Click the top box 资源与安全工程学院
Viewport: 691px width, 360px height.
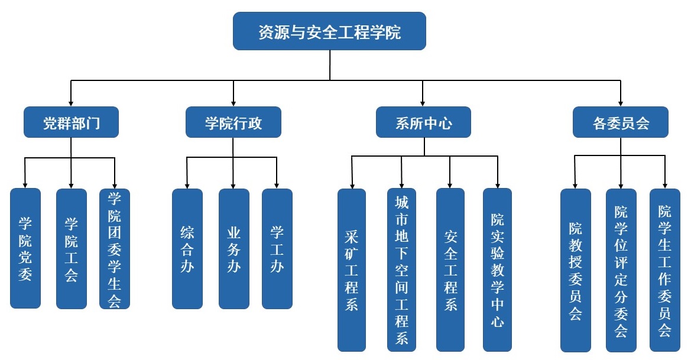click(x=329, y=31)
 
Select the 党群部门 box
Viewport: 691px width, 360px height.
click(x=71, y=122)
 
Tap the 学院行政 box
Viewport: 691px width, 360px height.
click(x=233, y=122)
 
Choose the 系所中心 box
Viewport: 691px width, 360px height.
click(x=423, y=122)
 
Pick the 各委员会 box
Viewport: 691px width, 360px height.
click(x=620, y=122)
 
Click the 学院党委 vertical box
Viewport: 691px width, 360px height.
click(x=25, y=248)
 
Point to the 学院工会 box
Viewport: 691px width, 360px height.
click(x=71, y=248)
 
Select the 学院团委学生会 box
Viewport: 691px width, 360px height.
click(x=115, y=248)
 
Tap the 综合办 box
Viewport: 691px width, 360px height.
click(x=187, y=248)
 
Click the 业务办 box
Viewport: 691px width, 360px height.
click(x=233, y=248)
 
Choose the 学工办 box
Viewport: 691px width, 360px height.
click(x=277, y=248)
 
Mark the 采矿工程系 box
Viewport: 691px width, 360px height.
click(x=352, y=270)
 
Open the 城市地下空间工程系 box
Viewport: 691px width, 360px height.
click(x=401, y=270)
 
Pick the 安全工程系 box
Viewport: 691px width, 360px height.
click(x=450, y=270)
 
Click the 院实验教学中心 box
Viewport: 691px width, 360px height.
click(x=498, y=270)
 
